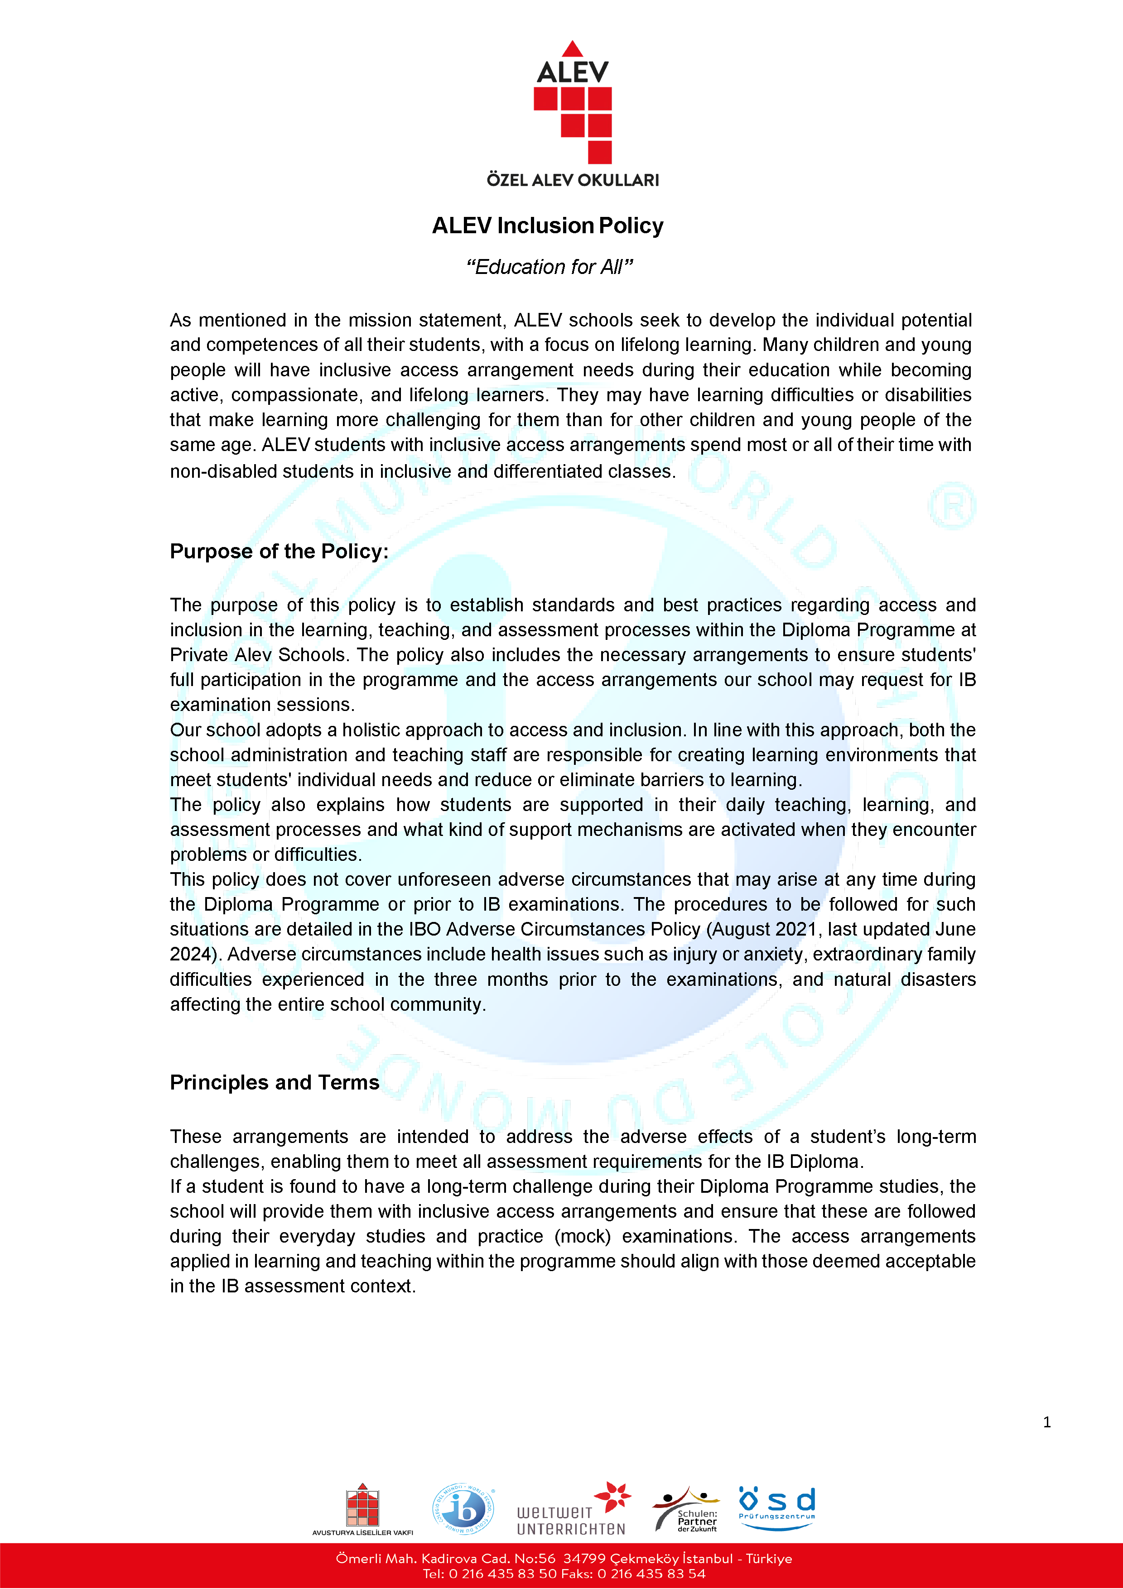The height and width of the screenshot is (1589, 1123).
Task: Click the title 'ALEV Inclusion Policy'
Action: [548, 226]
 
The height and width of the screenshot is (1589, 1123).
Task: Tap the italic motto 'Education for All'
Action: [549, 267]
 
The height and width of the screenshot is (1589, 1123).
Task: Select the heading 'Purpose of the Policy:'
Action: [279, 551]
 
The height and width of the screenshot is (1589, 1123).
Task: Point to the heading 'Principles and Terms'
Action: [274, 1082]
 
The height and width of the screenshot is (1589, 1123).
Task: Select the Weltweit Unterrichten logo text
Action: [570, 1521]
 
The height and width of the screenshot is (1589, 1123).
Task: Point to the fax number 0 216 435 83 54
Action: [651, 1574]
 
